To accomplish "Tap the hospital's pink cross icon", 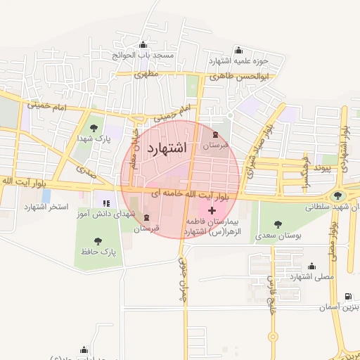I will coord(212,210).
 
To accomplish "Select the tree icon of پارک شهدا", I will coord(94,127).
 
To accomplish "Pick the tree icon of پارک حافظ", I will coord(98,241).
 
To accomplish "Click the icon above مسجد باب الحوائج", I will coord(143,45).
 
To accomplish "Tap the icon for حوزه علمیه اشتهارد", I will coord(239,50).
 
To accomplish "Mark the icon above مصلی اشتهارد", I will coord(311,266).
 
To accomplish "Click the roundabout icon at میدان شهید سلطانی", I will coord(338,196).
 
